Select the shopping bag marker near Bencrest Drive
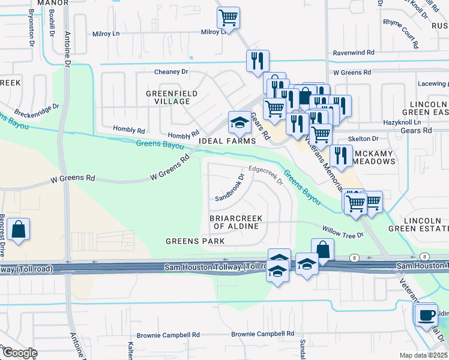tap(19, 230)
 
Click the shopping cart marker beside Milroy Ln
tap(228, 18)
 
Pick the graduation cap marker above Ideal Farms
tap(239, 124)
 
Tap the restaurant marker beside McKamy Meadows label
tap(341, 155)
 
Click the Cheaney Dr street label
tap(171, 71)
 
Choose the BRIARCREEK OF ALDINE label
tap(236, 222)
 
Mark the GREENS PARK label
tap(195, 241)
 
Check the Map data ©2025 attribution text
tap(423, 355)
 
